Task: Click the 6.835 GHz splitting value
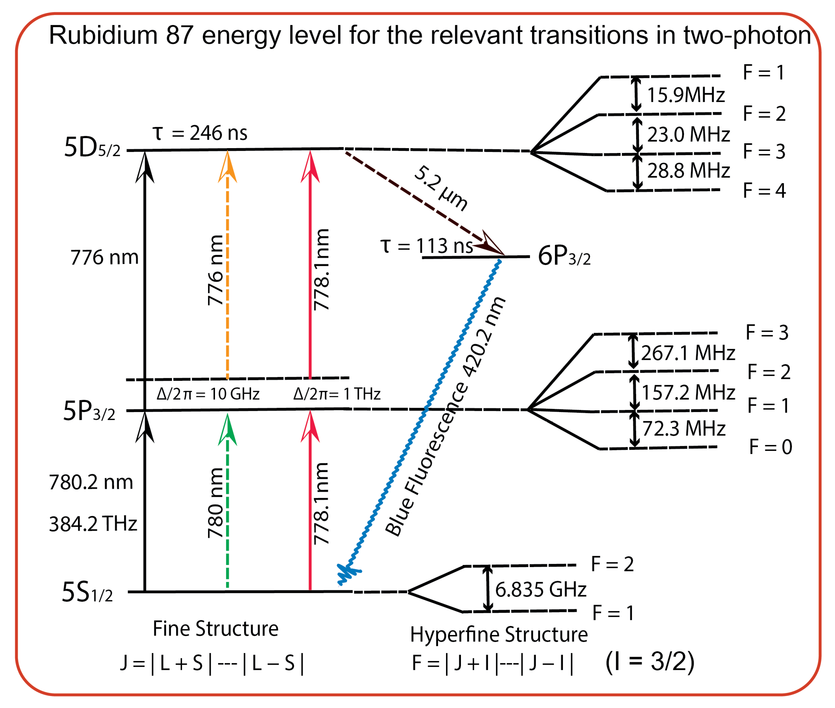[x=540, y=589]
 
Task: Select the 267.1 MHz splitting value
[x=688, y=353]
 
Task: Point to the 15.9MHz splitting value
[x=686, y=95]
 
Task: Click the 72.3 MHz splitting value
[x=684, y=428]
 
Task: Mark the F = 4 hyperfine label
[x=764, y=190]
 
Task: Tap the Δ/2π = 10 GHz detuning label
[x=208, y=394]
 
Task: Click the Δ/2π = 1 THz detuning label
[x=337, y=394]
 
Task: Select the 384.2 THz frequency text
[x=93, y=524]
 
